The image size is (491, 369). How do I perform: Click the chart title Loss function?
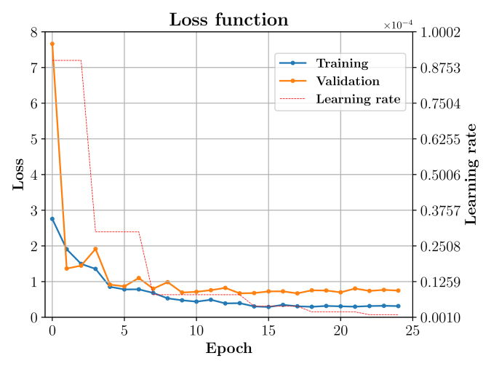(x=228, y=20)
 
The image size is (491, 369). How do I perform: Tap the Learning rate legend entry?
(x=358, y=99)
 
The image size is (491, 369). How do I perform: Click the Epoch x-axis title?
(x=228, y=349)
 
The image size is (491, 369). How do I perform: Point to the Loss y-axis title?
(x=18, y=175)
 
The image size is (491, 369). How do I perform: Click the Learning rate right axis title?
(x=471, y=175)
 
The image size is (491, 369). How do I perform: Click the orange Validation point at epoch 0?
(x=52, y=44)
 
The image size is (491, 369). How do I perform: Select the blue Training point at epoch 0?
(x=52, y=218)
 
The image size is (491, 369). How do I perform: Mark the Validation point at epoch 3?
(x=95, y=249)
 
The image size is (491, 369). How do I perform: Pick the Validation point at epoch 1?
(x=66, y=269)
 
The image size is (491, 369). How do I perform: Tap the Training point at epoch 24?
(x=398, y=306)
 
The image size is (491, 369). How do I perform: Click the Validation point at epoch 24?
(x=398, y=290)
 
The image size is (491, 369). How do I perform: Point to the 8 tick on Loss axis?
(x=33, y=32)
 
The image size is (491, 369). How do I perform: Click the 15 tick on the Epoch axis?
(x=268, y=330)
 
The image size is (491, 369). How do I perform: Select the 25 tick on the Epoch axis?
(x=412, y=330)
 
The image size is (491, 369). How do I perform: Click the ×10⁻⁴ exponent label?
(x=398, y=25)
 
